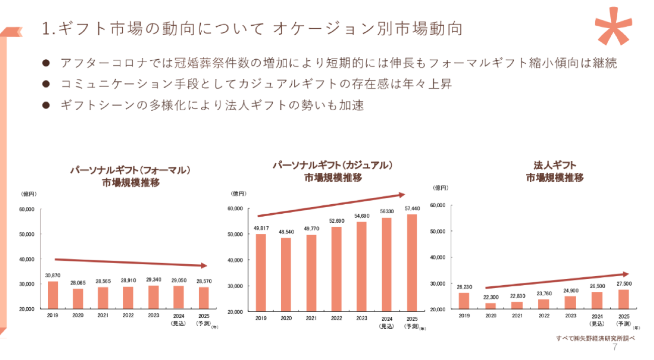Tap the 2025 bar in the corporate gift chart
coord(623,299)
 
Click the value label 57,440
coord(412,208)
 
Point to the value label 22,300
coord(490,297)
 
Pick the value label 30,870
coord(53,276)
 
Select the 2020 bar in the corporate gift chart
coord(490,306)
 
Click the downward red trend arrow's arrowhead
coord(203,265)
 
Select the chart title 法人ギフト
coord(555,165)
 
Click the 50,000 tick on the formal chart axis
coord(26,234)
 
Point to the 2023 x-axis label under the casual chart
coord(361,318)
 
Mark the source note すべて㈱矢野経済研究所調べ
coord(596,338)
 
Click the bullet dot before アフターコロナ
coord(46,63)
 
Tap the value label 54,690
coord(361,216)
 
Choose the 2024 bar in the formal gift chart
coord(179,297)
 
